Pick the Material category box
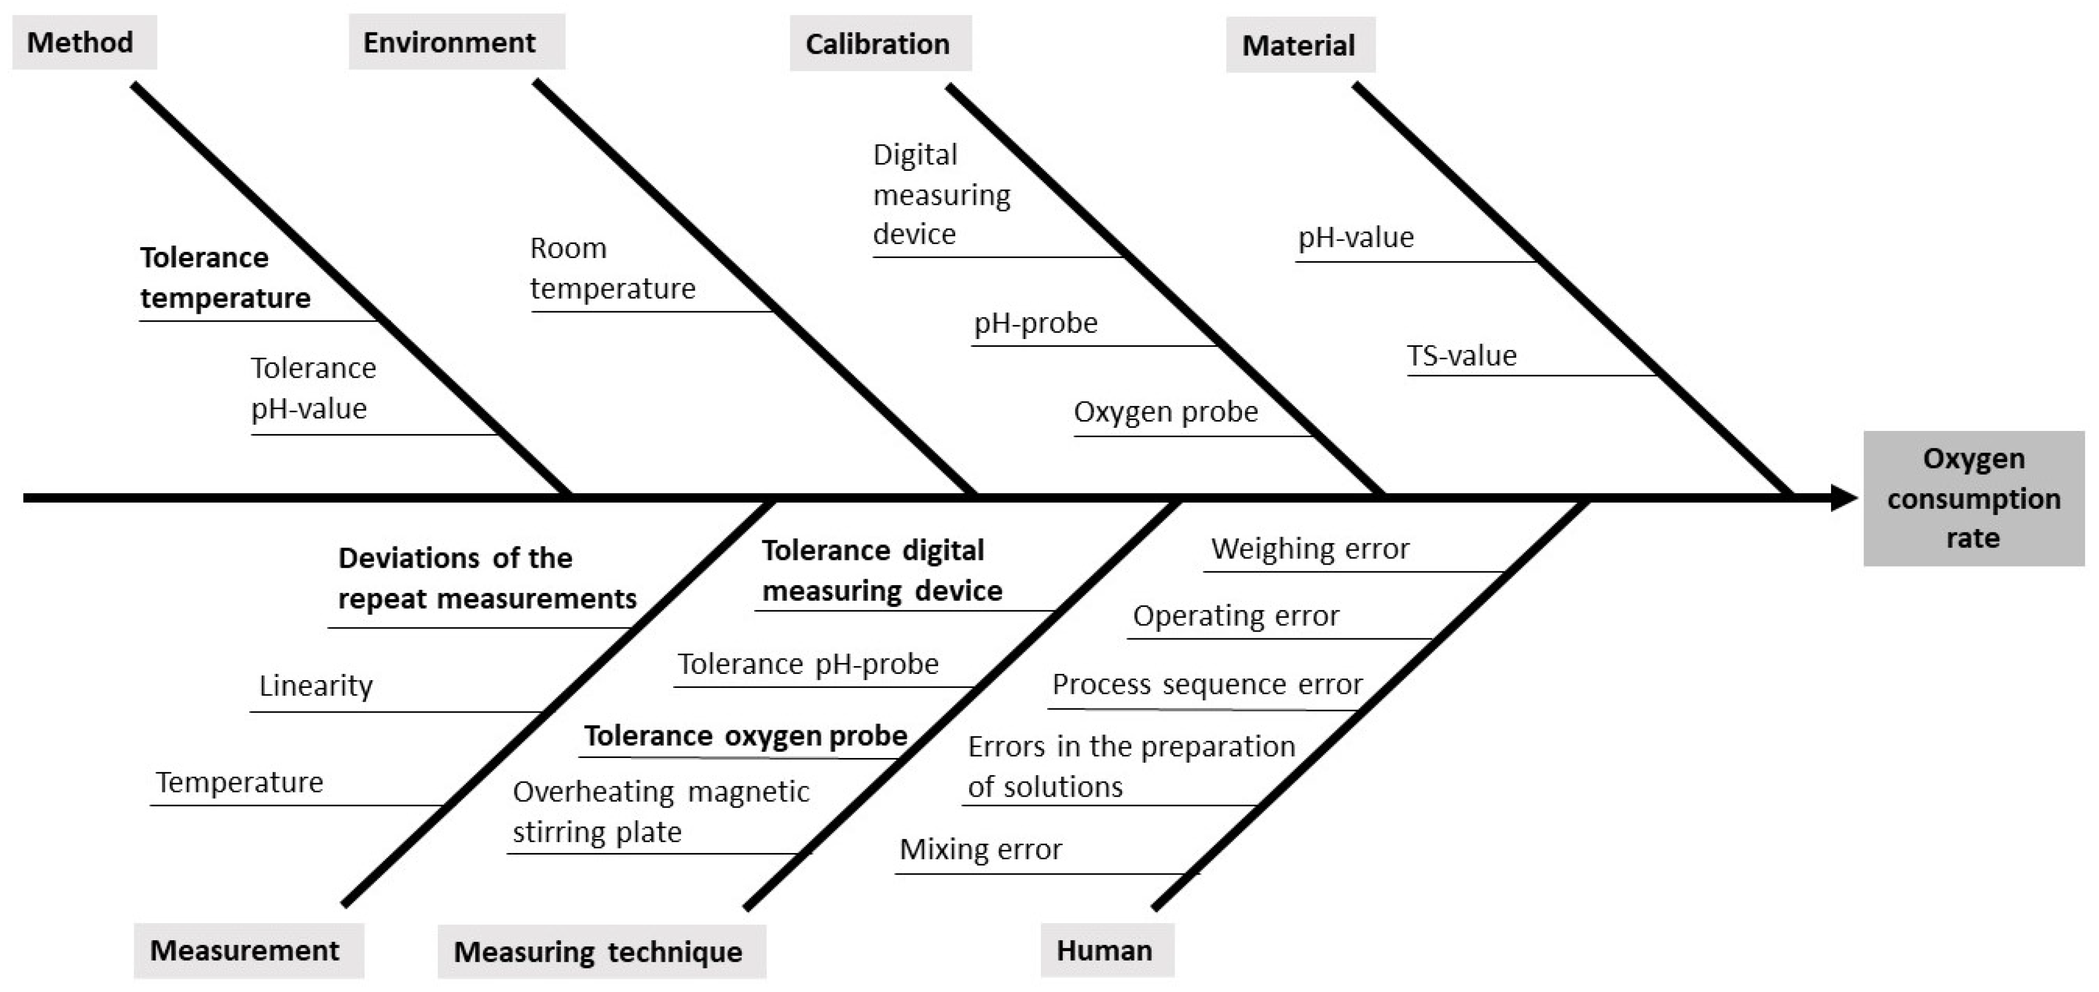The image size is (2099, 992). coord(1299,45)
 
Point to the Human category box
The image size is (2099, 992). coord(1106,950)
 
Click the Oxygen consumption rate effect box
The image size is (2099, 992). coord(1973,498)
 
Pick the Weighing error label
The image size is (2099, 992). coord(1309,548)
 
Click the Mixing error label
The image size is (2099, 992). coord(980,849)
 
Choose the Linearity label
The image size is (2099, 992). coord(315,685)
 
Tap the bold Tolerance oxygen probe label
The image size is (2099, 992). coord(745,736)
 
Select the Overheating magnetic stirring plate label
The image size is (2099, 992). coord(660,812)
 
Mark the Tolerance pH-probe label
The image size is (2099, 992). coord(807,664)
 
